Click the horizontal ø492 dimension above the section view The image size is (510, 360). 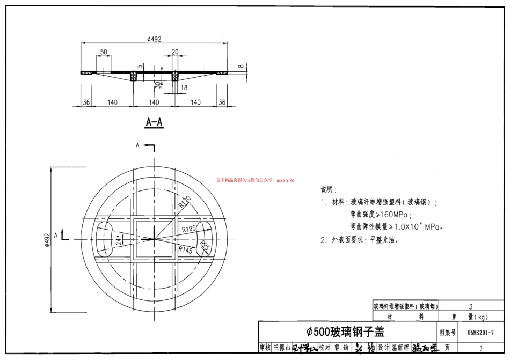154,39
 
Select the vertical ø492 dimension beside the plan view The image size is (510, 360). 47,239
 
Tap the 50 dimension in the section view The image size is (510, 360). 104,52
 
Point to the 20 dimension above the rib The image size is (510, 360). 175,52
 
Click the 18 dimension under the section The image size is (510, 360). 184,87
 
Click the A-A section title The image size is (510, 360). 154,123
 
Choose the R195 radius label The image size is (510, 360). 188,229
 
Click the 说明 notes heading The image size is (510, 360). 328,190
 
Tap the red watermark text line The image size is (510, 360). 255,180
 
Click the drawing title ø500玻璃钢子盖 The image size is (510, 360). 345,332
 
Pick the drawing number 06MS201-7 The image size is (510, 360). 480,333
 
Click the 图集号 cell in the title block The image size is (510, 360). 447,333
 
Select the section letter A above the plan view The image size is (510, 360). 137,145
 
